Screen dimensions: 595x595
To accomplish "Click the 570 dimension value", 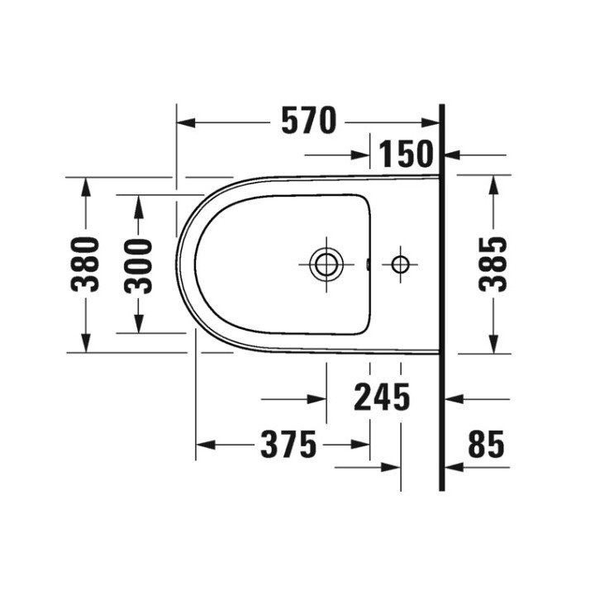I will (x=309, y=122).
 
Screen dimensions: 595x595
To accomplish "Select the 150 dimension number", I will (x=406, y=155).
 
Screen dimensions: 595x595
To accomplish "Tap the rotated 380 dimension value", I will (x=85, y=264).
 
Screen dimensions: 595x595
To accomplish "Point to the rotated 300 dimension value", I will (x=139, y=265).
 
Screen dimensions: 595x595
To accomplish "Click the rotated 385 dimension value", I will (x=494, y=264).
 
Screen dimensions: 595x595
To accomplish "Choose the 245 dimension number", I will (x=382, y=398).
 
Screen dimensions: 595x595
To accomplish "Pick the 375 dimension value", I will (x=288, y=445).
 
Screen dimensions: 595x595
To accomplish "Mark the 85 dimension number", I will (x=485, y=445).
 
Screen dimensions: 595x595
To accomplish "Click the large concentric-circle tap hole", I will (x=326, y=264).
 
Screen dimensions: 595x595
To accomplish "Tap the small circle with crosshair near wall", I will (x=400, y=264).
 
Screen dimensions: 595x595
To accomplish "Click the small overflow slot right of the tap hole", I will (x=366, y=265).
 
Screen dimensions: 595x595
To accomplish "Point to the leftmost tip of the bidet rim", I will (x=177, y=263).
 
